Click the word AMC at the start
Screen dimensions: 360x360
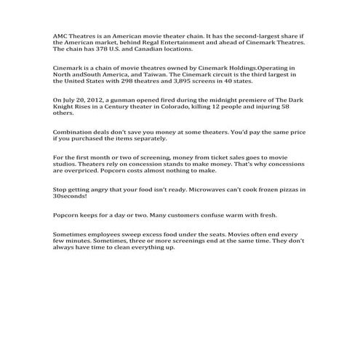coord(62,36)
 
